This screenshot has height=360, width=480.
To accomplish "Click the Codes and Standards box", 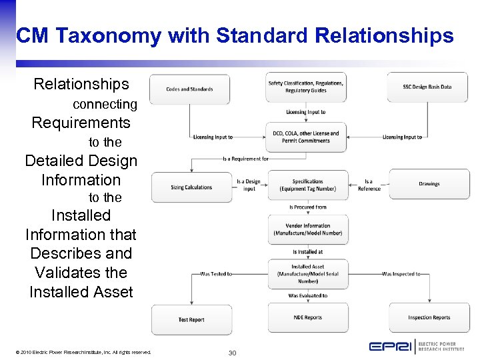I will pos(190,89).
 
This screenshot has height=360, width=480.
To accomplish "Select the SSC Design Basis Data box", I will pos(427,87).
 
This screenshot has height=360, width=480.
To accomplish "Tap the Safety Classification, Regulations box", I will pos(306,87).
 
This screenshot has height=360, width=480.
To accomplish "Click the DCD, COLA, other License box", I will pos(306,137).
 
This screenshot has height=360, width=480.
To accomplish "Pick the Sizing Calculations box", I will pos(191,187).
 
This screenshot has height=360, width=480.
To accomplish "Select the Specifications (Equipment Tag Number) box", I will pos(307,185).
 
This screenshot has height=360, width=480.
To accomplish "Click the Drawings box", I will pos(429,184).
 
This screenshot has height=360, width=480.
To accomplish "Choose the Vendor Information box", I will pos(307,229).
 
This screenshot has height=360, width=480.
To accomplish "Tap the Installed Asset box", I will pos(307,274).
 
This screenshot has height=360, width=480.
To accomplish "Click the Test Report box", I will pos(191,319).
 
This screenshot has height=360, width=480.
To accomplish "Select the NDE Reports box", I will pos(307,317).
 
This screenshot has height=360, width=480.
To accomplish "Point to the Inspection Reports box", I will pos(429,318).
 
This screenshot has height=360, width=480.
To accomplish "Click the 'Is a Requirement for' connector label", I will pos(246,159).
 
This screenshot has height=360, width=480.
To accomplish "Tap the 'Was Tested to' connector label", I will pos(216,274).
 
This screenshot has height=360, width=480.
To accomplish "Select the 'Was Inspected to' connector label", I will pos(401,274).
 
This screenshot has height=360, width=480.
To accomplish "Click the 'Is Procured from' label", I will pos(307,207).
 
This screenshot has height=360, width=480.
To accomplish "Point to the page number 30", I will pos(232,352).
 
